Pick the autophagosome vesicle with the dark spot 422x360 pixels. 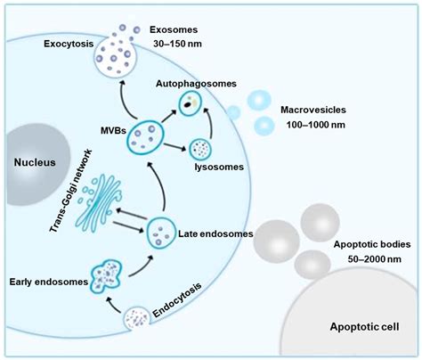point(189,104)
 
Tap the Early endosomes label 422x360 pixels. point(44,282)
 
